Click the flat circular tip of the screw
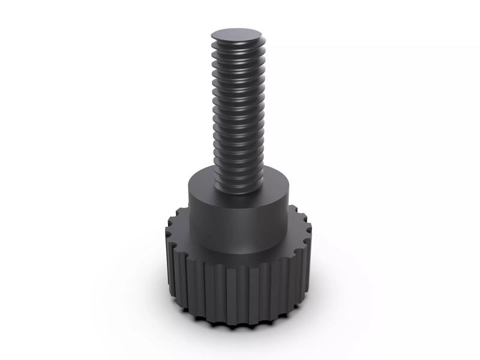coord(238,34)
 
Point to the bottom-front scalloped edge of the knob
coord(240,325)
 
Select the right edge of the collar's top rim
coord(290,190)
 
